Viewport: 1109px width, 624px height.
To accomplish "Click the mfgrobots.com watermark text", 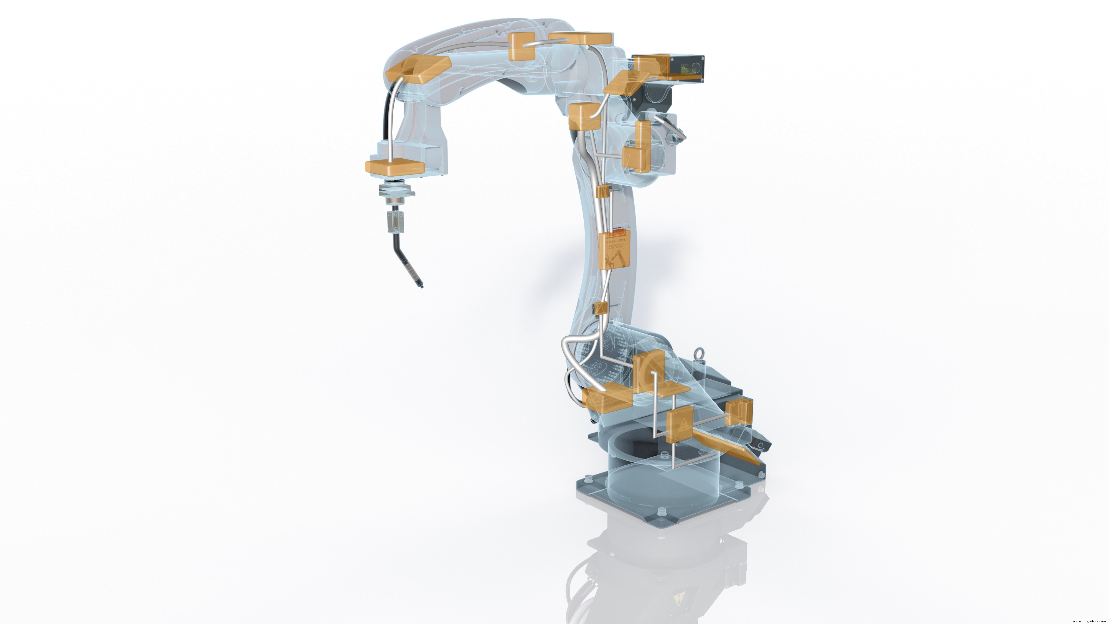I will tap(1089, 621).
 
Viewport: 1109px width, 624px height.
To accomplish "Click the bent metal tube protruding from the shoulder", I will tap(671, 127).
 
